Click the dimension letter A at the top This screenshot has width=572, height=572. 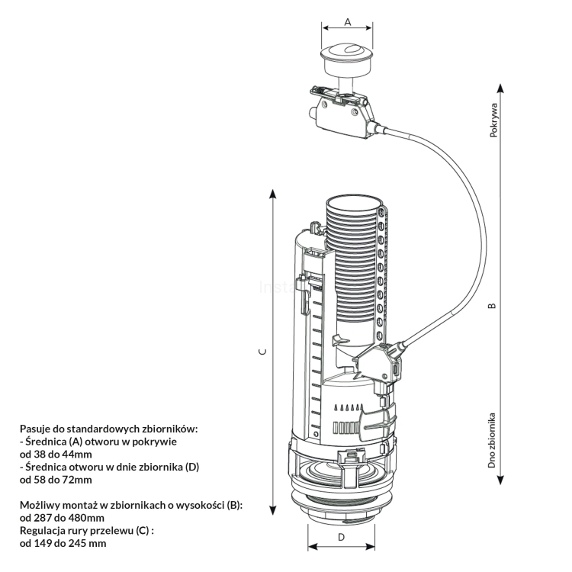point(347,22)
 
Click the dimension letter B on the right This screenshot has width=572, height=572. point(492,306)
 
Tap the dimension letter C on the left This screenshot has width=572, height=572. point(261,352)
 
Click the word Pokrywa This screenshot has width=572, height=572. point(493,121)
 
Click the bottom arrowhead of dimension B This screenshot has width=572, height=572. point(499,480)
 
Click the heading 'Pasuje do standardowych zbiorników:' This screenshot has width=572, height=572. point(109,429)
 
